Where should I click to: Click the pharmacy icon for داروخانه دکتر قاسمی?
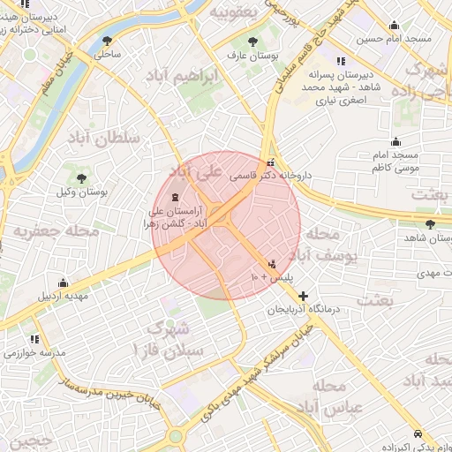[270, 162]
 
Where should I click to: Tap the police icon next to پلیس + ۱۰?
[272, 263]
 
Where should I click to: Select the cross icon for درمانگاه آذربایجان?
[304, 296]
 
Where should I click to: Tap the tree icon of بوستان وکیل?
[81, 178]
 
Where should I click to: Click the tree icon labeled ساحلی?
[108, 41]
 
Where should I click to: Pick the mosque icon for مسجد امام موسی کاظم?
[395, 140]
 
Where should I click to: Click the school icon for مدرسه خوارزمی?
[34, 339]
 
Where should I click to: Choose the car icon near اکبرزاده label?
[418, 433]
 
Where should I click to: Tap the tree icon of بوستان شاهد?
[430, 224]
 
